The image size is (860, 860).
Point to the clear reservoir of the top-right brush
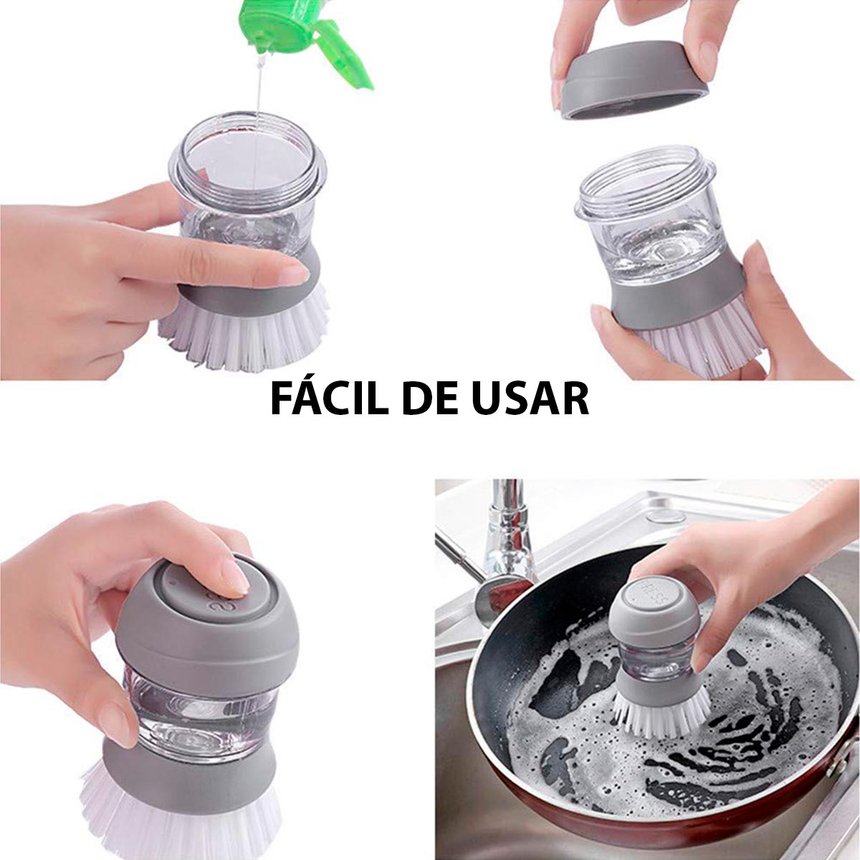pyautogui.click(x=652, y=244)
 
